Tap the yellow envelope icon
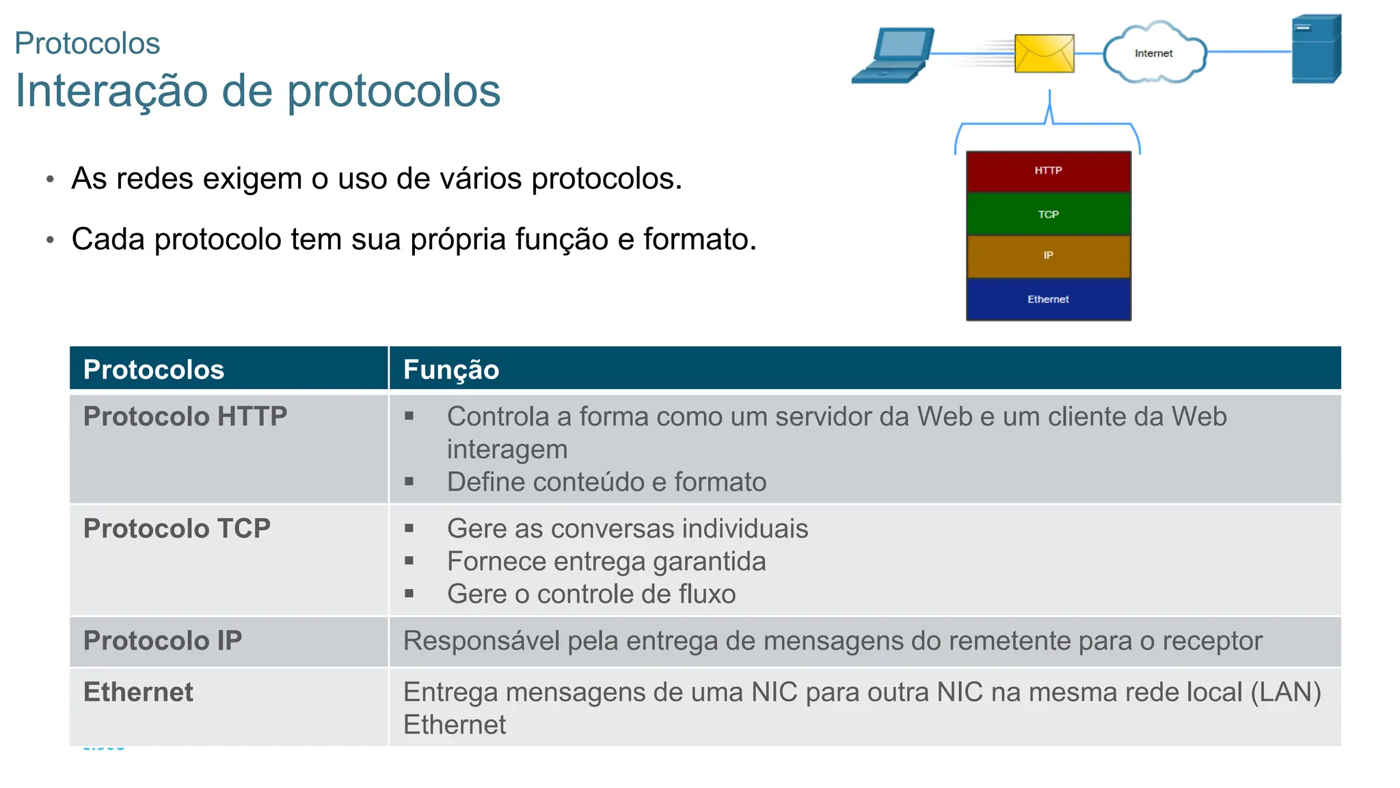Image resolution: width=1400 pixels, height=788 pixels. (x=1044, y=53)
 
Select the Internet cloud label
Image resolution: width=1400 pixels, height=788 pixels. (x=1153, y=53)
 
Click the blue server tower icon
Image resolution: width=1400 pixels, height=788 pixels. (x=1316, y=49)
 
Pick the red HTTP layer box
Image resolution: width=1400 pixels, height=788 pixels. (x=1048, y=171)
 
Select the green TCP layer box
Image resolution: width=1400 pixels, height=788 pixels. (x=1048, y=214)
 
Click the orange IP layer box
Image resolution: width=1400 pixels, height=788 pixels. (x=1048, y=256)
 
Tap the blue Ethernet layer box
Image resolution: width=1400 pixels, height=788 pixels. (x=1048, y=300)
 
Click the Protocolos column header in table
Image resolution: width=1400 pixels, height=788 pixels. (x=154, y=369)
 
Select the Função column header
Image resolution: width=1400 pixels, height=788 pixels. (x=451, y=369)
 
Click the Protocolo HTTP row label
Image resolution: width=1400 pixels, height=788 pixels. (x=185, y=417)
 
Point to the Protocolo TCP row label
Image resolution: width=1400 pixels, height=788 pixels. (x=177, y=529)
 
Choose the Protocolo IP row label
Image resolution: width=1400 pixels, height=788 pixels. (x=163, y=641)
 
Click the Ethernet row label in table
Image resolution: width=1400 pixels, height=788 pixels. (x=138, y=692)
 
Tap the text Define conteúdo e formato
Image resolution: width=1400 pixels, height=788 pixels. (x=606, y=482)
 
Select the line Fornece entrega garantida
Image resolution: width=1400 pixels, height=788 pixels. (x=606, y=562)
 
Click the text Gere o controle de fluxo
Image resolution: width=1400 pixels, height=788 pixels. (x=591, y=594)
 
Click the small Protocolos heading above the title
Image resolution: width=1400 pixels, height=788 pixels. (x=87, y=44)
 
